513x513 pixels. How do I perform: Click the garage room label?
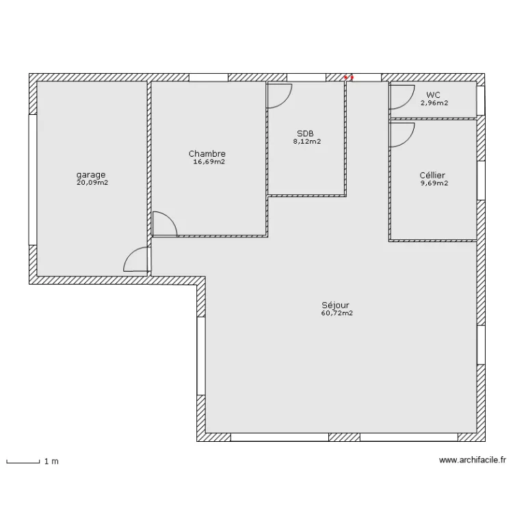(91, 174)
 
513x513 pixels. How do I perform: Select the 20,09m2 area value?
(91, 183)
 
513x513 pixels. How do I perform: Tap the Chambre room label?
(207, 154)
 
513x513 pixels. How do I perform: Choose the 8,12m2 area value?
(306, 142)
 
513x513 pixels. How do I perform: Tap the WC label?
(434, 95)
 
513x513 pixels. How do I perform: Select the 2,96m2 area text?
(434, 103)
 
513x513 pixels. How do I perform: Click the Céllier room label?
(433, 175)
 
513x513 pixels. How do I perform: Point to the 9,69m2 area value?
(433, 183)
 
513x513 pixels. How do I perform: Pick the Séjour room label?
(336, 305)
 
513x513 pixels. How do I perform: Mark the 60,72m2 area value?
(336, 313)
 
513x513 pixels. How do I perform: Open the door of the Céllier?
(402, 134)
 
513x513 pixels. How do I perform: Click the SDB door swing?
(279, 96)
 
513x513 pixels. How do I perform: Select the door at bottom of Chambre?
(164, 224)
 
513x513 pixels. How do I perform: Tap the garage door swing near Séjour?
(136, 260)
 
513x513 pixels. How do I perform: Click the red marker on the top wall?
(348, 77)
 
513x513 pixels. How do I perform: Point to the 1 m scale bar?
(24, 462)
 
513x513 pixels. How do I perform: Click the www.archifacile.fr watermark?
(472, 462)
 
